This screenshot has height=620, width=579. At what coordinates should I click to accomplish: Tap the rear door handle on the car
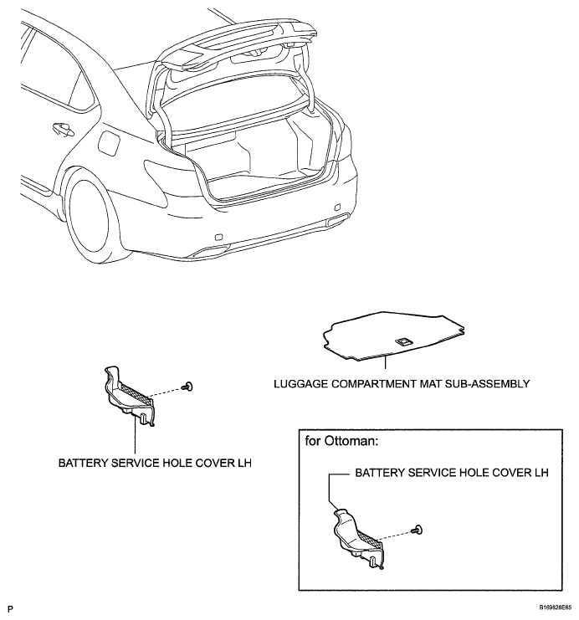click(x=61, y=129)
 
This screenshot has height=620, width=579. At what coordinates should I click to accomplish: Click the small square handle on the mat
click(x=403, y=341)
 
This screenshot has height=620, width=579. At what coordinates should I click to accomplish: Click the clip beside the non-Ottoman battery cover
click(x=191, y=385)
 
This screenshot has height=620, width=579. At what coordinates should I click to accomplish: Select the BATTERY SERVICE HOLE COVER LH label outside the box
click(x=155, y=461)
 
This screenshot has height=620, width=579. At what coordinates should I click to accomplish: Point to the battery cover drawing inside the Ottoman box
click(x=360, y=535)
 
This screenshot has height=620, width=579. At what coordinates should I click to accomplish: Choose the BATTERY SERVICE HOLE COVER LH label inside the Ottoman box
click(x=452, y=473)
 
